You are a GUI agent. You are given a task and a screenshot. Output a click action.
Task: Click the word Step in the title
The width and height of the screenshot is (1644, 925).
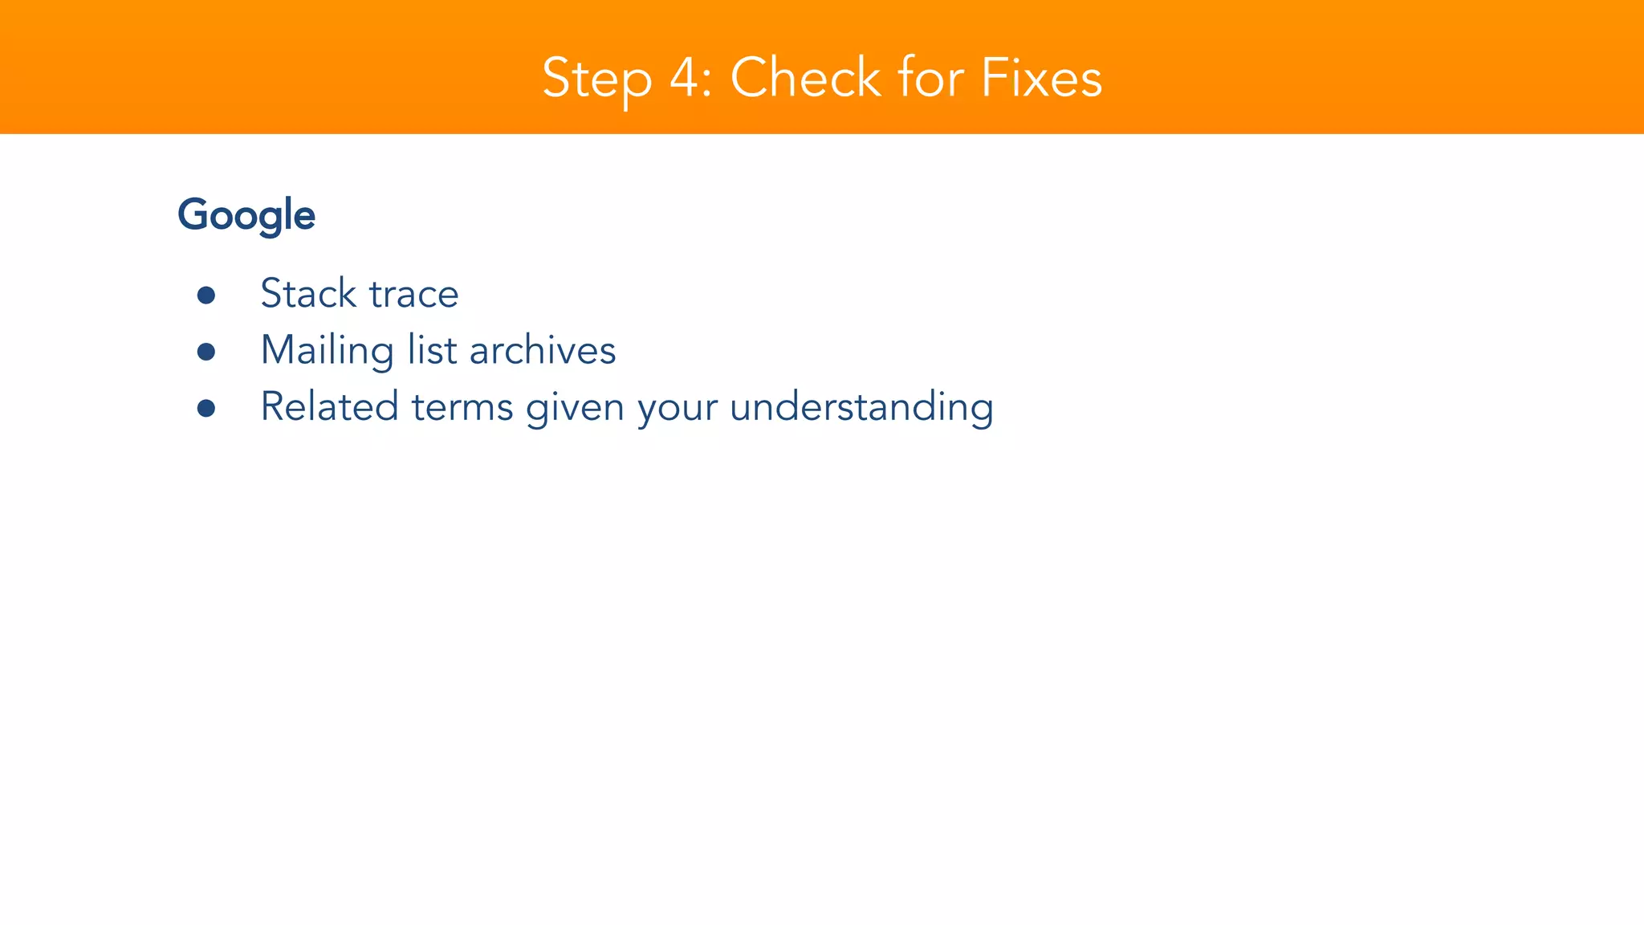(x=596, y=79)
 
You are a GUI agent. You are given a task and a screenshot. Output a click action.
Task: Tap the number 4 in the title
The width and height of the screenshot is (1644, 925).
(x=685, y=78)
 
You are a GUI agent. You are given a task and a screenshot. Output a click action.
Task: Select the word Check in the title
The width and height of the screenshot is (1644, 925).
(x=805, y=78)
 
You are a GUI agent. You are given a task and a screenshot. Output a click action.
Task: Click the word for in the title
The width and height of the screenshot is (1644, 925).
(x=931, y=78)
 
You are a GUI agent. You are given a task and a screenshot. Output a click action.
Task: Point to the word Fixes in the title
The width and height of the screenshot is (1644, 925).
(x=1041, y=78)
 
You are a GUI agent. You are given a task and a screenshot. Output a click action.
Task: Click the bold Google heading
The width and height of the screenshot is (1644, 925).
(x=246, y=215)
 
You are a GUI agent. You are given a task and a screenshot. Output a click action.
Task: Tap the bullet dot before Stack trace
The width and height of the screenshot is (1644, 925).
(x=206, y=295)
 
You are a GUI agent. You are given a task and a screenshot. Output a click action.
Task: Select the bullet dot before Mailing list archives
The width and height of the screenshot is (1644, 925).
(x=206, y=352)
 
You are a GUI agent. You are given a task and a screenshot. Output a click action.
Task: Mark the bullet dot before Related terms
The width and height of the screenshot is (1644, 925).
(x=206, y=408)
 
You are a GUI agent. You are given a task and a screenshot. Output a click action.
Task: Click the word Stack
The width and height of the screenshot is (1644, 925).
(x=308, y=293)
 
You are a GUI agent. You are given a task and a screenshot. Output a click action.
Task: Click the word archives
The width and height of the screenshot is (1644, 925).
(x=543, y=350)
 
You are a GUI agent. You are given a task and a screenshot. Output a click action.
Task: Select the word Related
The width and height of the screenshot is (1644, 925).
(x=329, y=406)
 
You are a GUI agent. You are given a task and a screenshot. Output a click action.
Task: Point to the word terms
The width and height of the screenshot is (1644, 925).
(x=462, y=407)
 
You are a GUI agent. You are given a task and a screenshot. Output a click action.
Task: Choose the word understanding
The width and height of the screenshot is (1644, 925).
(x=861, y=407)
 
